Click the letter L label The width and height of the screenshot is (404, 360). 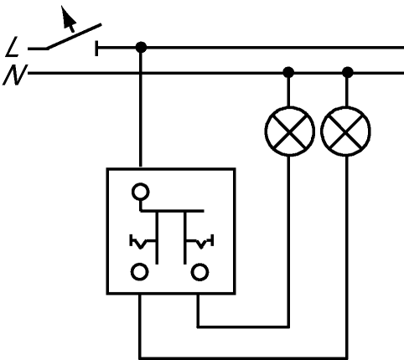coord(13,48)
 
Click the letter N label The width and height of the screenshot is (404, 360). coord(15,75)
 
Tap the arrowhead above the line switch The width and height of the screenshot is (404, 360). coord(68,18)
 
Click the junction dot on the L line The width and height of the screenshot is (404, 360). coord(141,47)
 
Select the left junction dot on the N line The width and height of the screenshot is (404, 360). coord(288,72)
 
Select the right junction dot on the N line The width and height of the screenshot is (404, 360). coord(347,72)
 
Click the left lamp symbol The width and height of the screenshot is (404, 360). coord(290,131)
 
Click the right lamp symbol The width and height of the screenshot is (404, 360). coord(346,131)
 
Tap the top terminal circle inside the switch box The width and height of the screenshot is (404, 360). coord(141,192)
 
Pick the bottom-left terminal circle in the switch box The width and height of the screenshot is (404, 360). coord(139,272)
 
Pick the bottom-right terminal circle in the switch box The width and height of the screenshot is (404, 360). coord(199,272)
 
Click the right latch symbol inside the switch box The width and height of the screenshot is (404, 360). coord(200,242)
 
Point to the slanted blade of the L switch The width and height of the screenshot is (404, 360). coord(74,37)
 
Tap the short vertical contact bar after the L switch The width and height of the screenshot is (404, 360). coord(96,48)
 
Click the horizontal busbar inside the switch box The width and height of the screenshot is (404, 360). coord(172,210)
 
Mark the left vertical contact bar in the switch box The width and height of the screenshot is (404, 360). coord(157,238)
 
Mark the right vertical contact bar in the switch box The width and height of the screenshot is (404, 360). coord(184,238)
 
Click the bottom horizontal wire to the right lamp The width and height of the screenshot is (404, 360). coord(243,357)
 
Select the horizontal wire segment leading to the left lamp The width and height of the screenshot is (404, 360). coord(243,327)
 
